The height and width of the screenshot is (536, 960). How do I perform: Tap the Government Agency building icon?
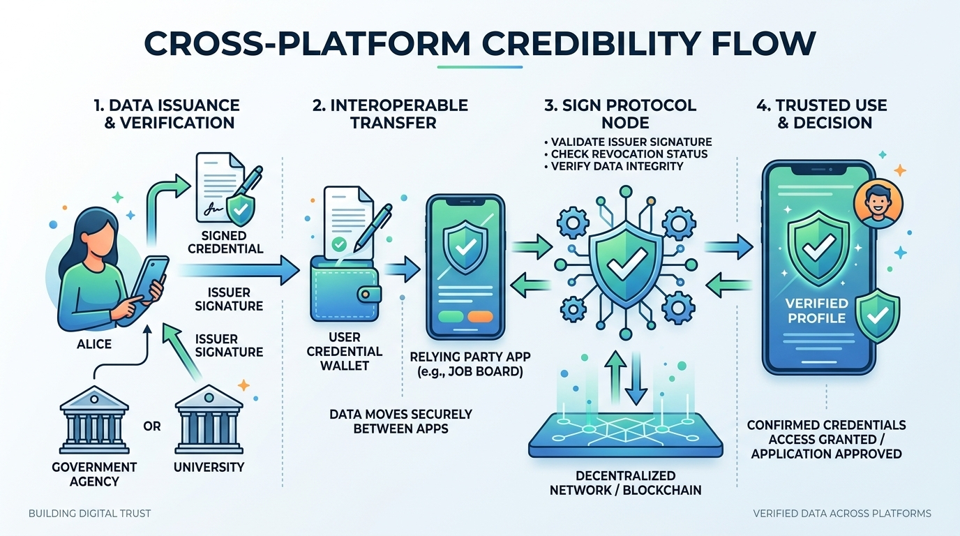pyautogui.click(x=94, y=419)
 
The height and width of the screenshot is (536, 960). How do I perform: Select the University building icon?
pyautogui.click(x=209, y=419)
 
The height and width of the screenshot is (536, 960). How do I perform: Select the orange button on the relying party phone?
pyautogui.click(x=479, y=317)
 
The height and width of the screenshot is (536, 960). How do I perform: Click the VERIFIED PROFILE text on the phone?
pyautogui.click(x=816, y=311)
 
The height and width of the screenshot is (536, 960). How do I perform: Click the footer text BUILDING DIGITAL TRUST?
pyautogui.click(x=89, y=514)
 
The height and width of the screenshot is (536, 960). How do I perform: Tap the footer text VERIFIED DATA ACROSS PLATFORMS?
pyautogui.click(x=842, y=514)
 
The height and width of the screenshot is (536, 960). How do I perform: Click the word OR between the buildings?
pyautogui.click(x=151, y=426)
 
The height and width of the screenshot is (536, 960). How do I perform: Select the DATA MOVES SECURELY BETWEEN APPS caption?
pyautogui.click(x=400, y=421)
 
